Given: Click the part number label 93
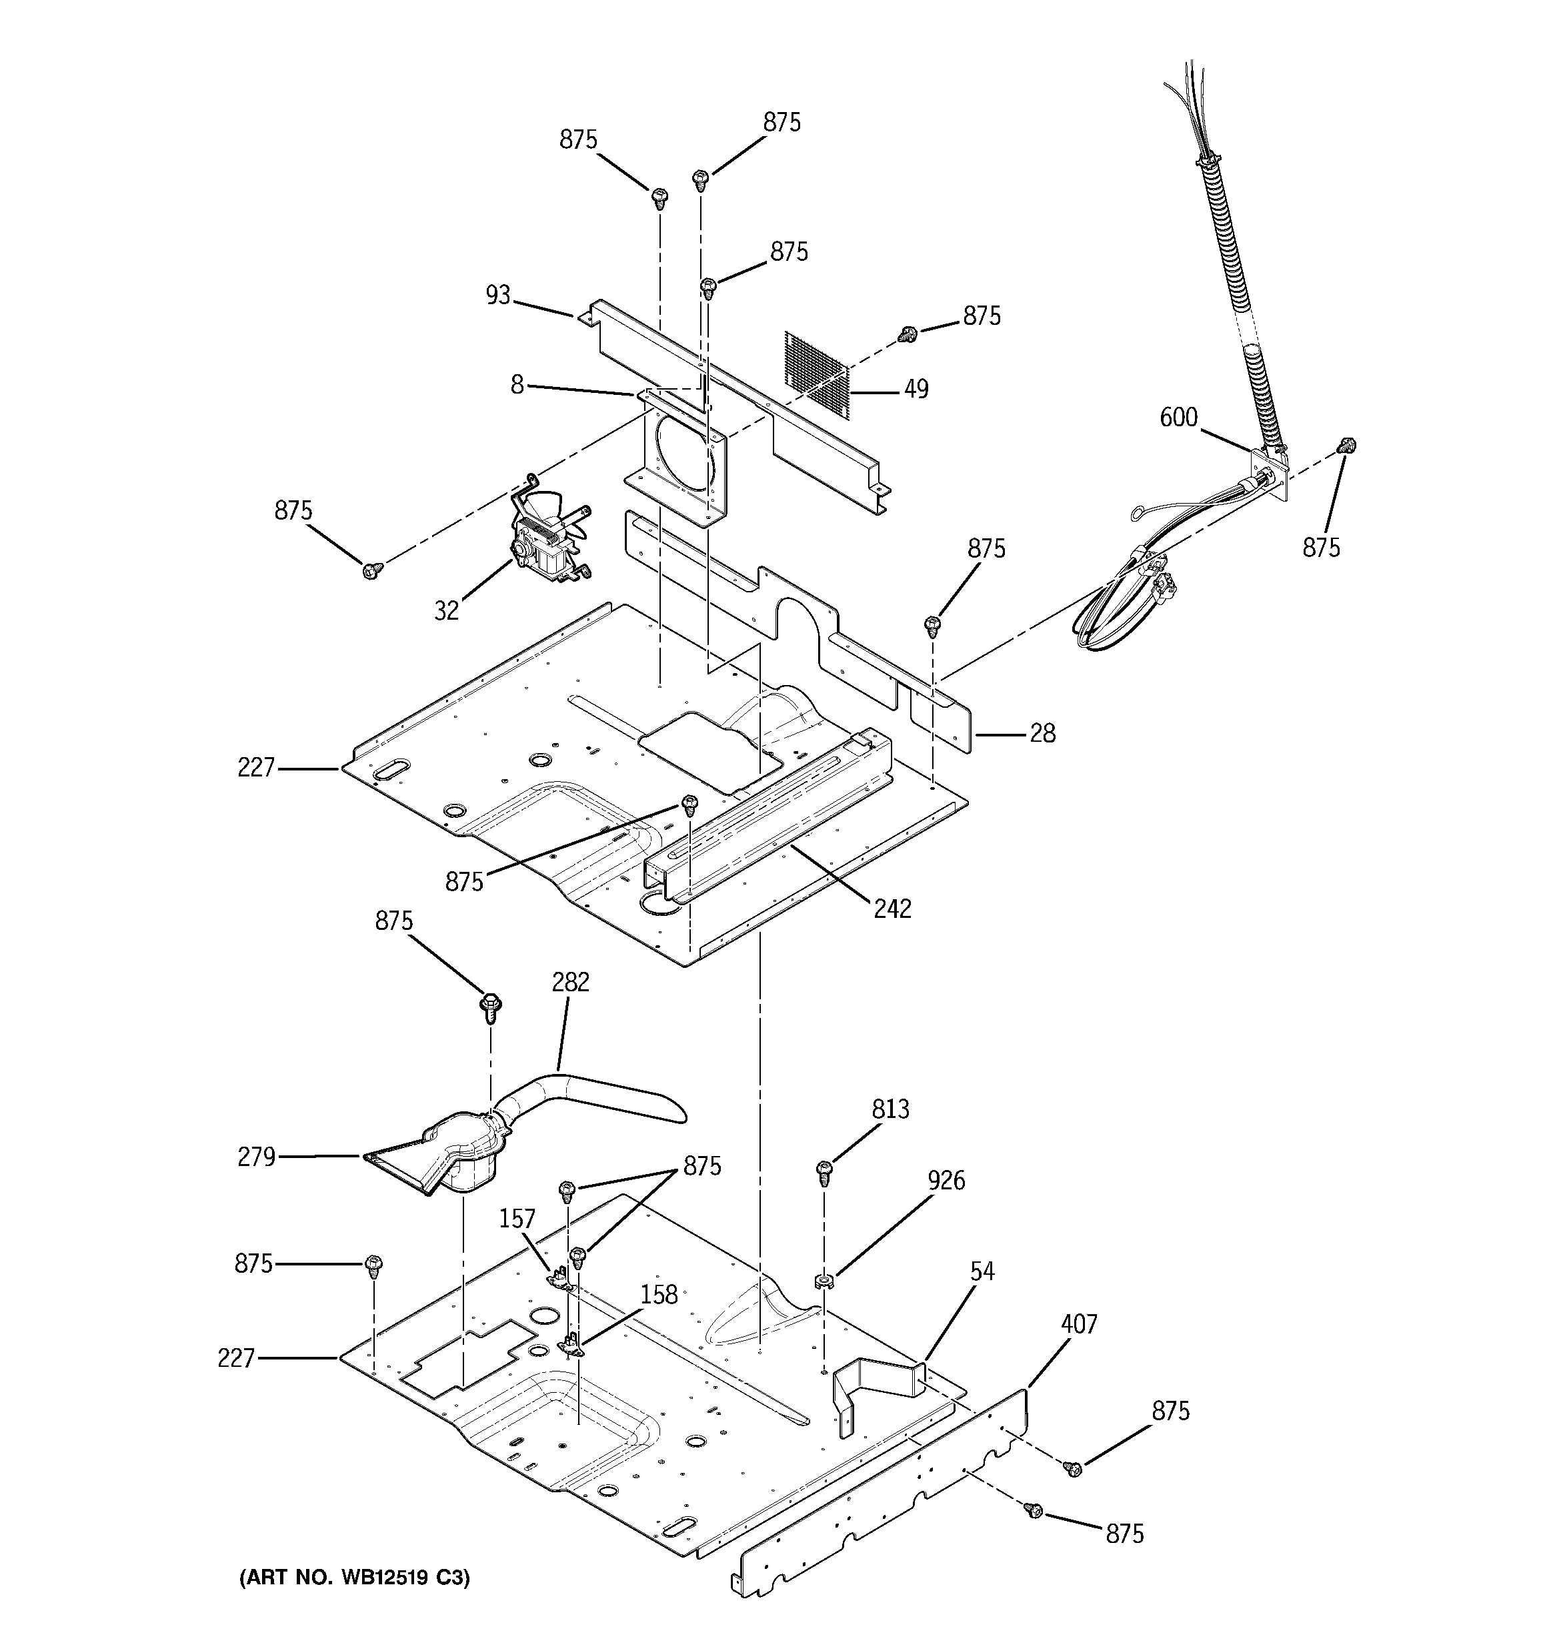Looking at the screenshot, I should tap(498, 295).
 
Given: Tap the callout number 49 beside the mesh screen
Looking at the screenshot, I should tap(916, 389).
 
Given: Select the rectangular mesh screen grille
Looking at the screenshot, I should tap(817, 373).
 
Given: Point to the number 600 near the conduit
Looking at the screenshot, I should tap(1178, 417).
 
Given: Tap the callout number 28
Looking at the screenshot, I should tap(1042, 733).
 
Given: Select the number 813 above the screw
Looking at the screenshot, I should tap(890, 1109).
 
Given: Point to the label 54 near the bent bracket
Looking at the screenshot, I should tap(982, 1271).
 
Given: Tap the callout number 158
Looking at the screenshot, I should tap(659, 1294).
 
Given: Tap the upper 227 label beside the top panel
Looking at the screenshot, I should tap(256, 768).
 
